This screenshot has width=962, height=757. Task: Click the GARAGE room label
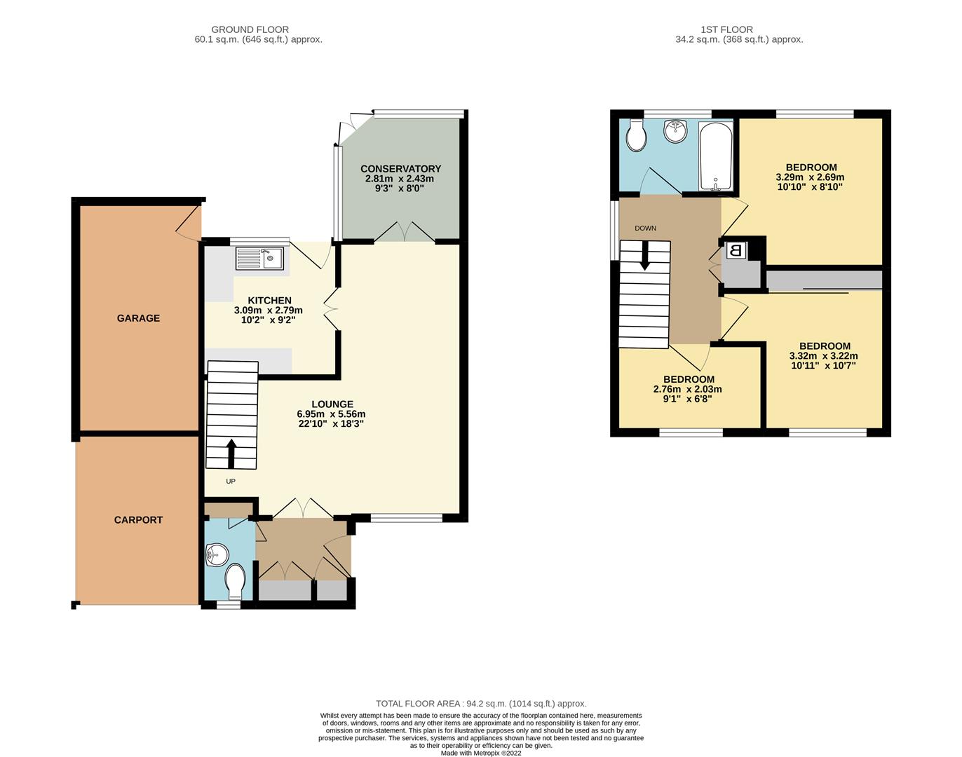pos(138,318)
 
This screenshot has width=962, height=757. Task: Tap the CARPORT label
pos(138,520)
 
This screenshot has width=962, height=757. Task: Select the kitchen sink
pos(259,259)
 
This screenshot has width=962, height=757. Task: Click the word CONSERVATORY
pos(400,169)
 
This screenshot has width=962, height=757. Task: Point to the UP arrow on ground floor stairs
pos(231,453)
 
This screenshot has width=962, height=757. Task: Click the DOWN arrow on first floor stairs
pos(644,256)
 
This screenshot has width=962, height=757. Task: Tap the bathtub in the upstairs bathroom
pos(715,156)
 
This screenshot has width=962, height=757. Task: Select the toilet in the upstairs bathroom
pos(637,136)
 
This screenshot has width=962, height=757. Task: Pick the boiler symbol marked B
pos(736,250)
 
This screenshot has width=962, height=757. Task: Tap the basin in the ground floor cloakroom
pos(217,557)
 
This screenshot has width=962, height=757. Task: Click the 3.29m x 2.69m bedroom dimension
pos(810,177)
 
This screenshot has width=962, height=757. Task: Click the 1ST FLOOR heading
pos(726,29)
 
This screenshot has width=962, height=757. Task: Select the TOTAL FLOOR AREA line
pos(481,704)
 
